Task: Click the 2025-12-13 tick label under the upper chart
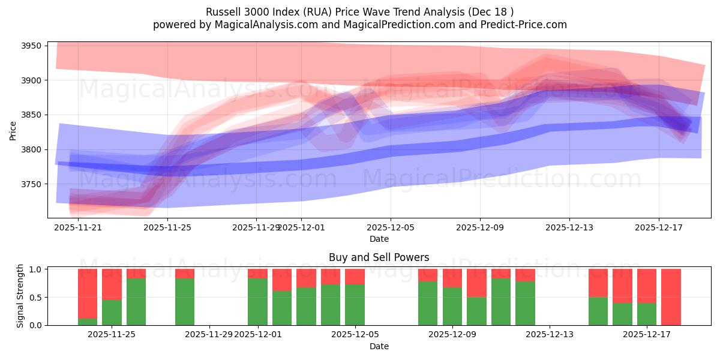click(569, 227)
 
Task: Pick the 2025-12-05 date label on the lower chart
click(355, 335)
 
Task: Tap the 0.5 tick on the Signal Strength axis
click(37, 298)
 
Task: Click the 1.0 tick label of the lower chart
click(37, 269)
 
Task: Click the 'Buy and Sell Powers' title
click(379, 257)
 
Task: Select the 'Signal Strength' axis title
click(20, 296)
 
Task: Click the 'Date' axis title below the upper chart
click(379, 239)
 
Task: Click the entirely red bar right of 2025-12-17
click(671, 297)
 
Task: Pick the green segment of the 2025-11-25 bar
click(112, 313)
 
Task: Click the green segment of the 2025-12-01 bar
click(257, 302)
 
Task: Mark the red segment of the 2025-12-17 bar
click(647, 286)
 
